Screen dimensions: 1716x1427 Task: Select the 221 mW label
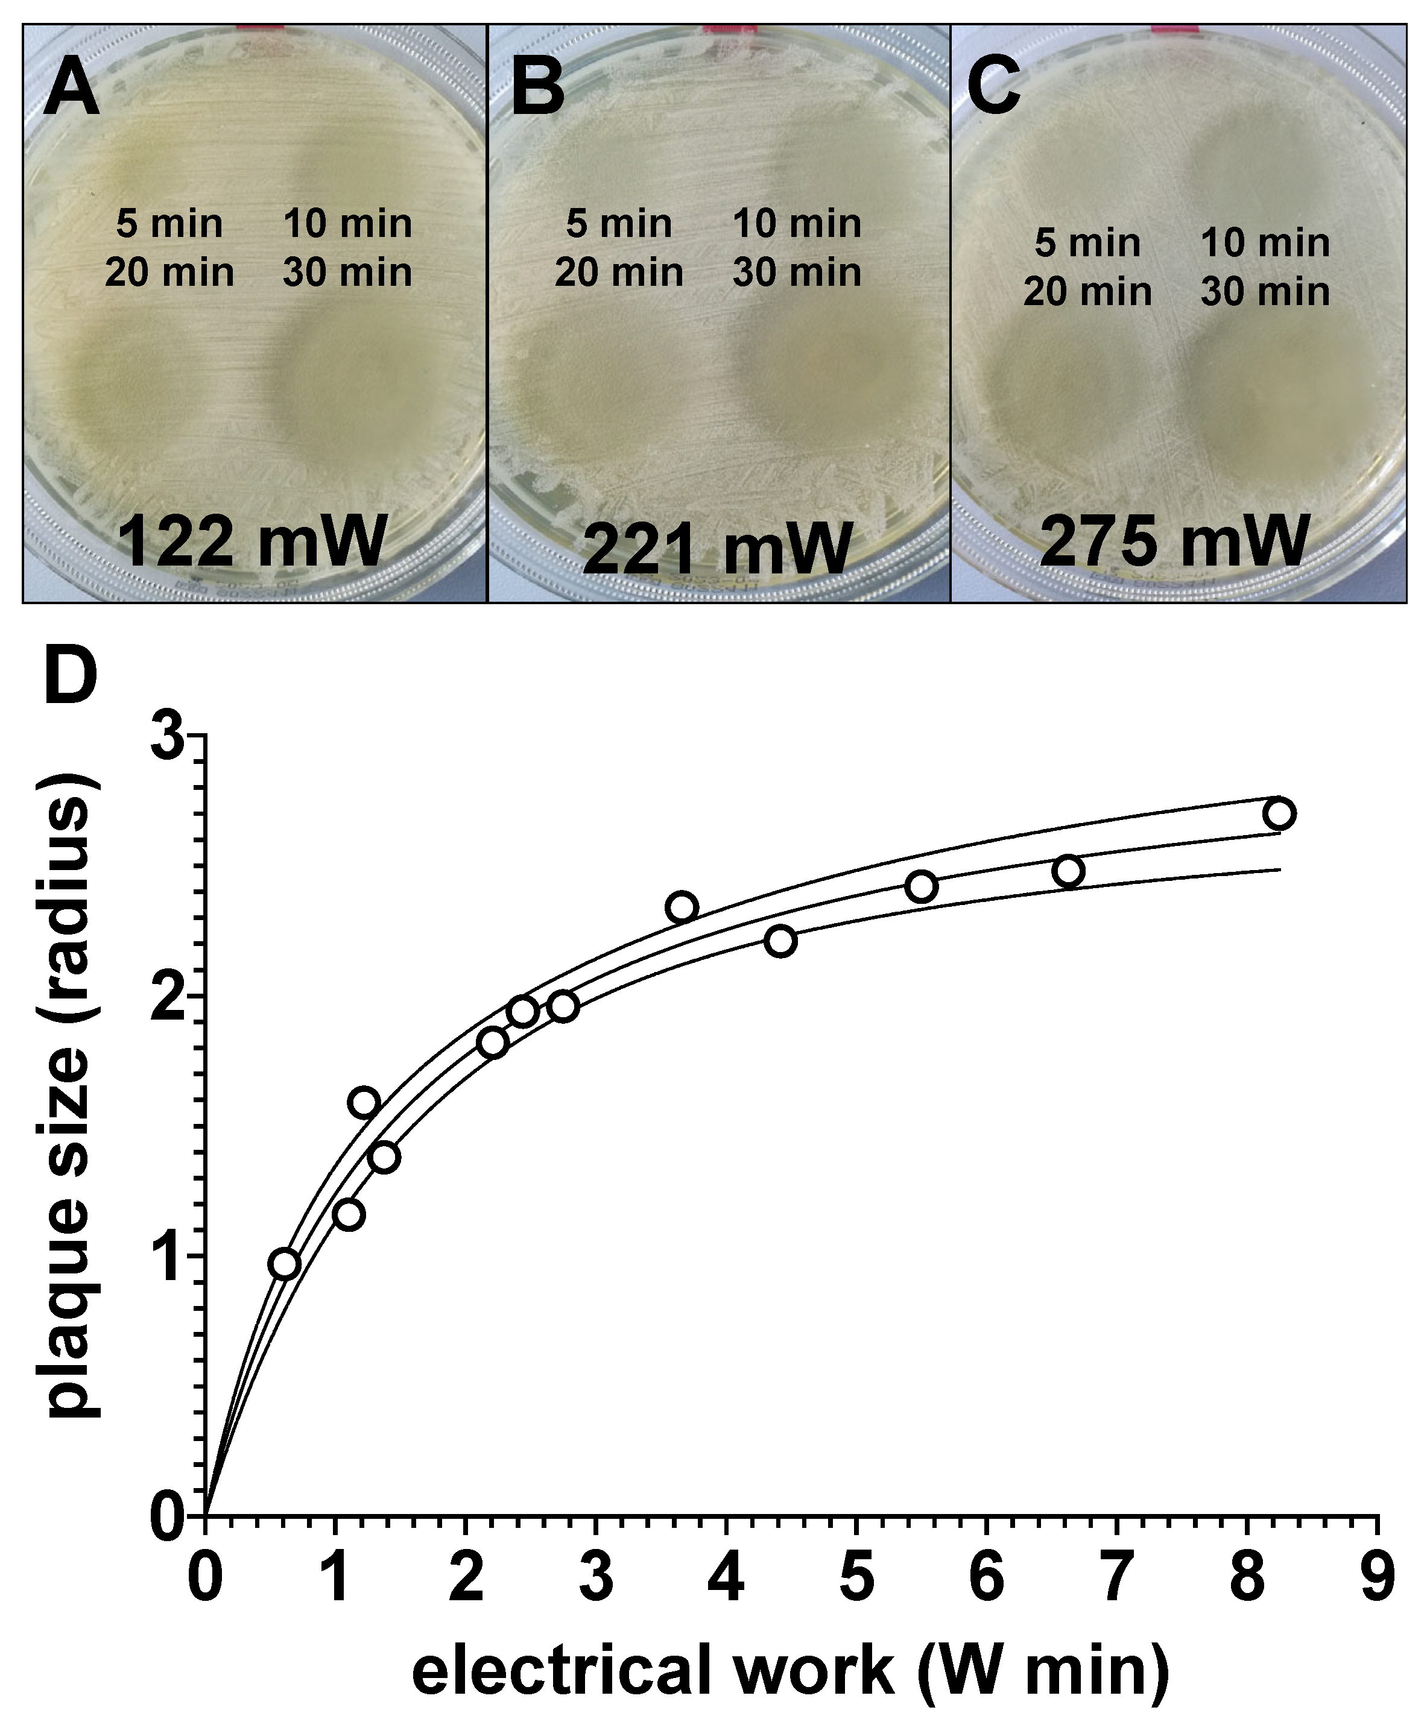tap(718, 549)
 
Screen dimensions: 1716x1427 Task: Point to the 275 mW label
tap(1175, 541)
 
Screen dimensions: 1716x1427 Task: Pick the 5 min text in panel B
tap(619, 224)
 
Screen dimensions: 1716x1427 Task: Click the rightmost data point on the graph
tap(1278, 814)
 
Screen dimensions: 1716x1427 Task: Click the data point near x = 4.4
tap(780, 941)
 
